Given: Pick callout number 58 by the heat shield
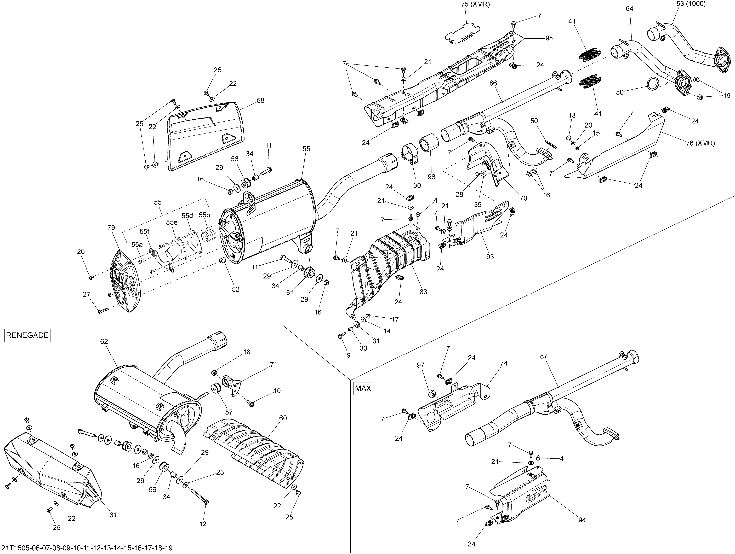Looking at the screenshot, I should pyautogui.click(x=260, y=100).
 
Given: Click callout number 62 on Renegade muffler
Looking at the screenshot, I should pyautogui.click(x=104, y=341).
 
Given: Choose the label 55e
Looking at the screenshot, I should pyautogui.click(x=172, y=222).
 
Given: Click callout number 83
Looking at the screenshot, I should pyautogui.click(x=423, y=292).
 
